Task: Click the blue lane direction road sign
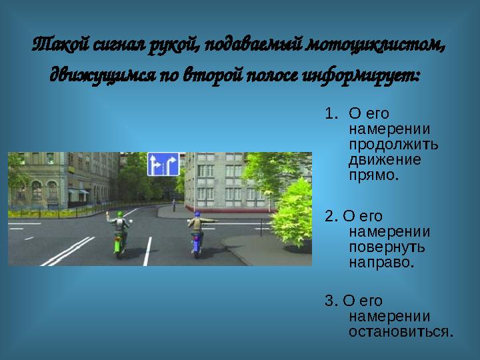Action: tap(163, 164)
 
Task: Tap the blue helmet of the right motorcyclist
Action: tap(197, 215)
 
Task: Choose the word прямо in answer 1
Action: tap(373, 176)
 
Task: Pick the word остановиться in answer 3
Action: tap(401, 331)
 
